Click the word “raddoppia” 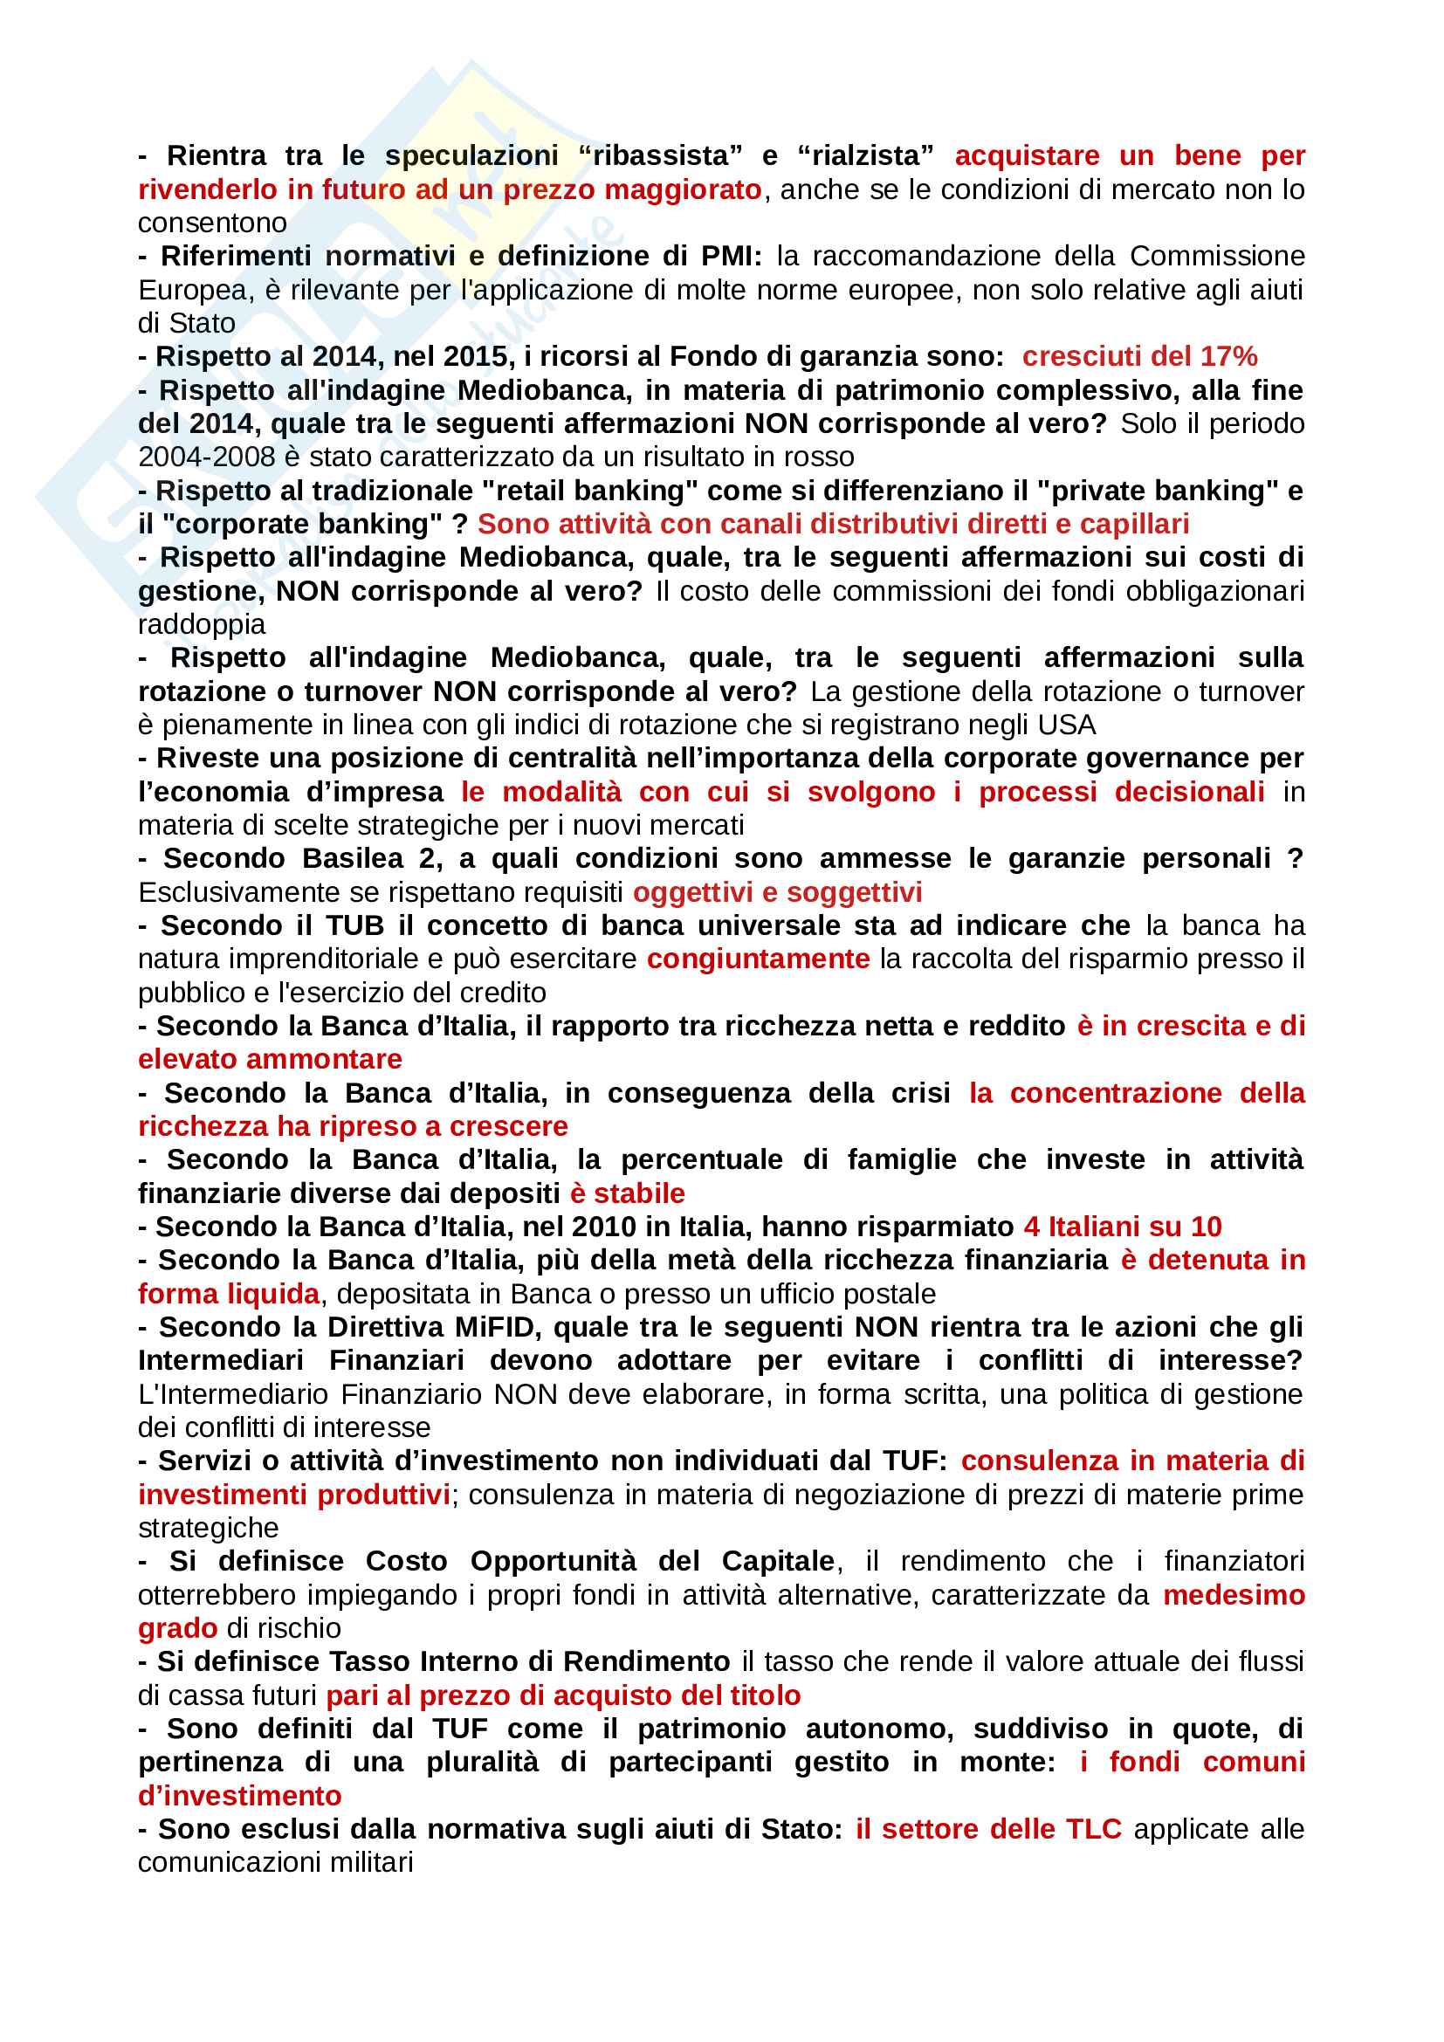click(x=201, y=624)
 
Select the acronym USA click(x=1066, y=725)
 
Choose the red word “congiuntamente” click(x=758, y=959)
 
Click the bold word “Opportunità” click(x=552, y=1562)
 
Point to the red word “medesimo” click(x=1234, y=1596)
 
